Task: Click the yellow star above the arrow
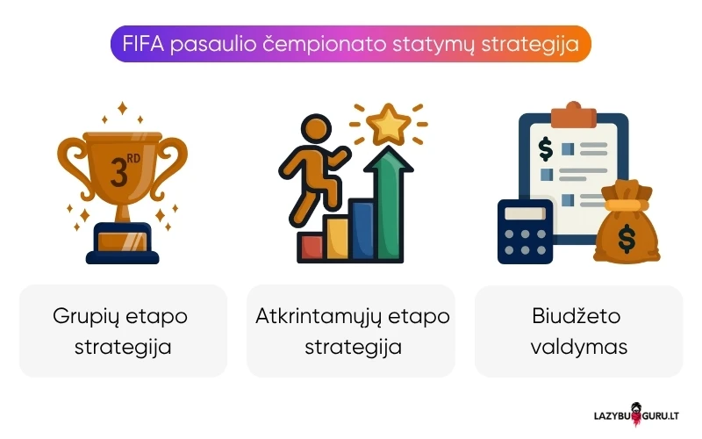385,124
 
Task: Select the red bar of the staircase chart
311,247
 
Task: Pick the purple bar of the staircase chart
361,230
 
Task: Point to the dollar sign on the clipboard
546,150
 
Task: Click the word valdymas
578,346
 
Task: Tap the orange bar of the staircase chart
336,240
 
